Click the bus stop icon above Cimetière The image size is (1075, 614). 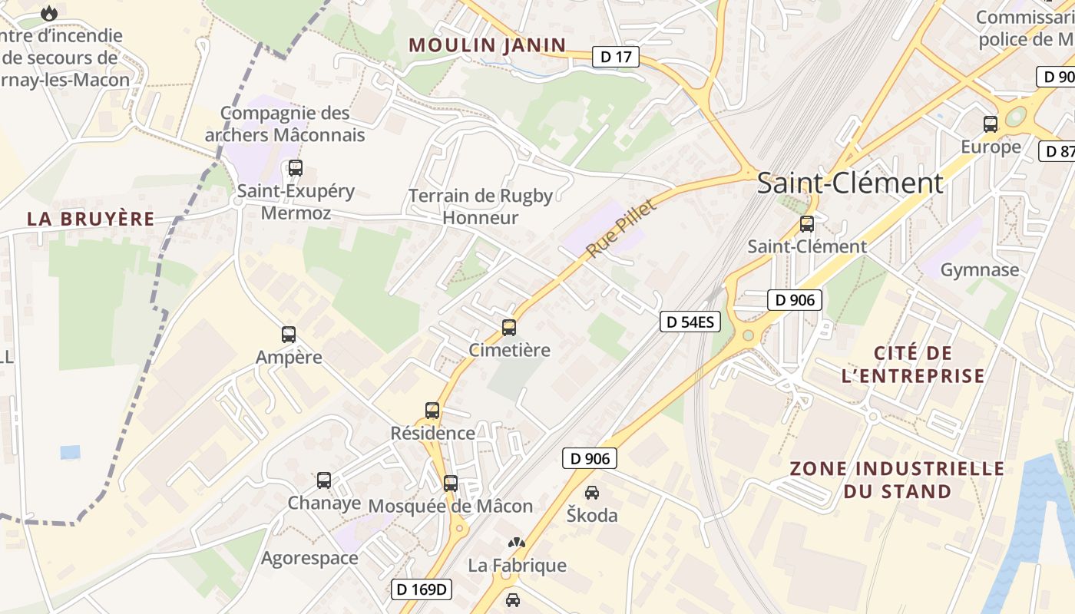508,328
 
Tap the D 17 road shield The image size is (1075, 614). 616,57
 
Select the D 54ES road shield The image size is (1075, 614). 690,322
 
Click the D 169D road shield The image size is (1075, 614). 422,589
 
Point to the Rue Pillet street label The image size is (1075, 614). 622,229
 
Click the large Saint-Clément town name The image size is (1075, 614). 850,183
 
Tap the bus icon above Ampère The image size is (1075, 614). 289,335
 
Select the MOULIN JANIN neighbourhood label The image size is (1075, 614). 488,45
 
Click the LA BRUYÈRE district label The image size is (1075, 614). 91,219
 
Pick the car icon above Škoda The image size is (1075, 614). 591,493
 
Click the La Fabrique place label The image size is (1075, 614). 518,566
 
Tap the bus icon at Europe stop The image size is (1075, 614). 991,124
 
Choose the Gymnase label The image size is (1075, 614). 980,270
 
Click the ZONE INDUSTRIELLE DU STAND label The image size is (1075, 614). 897,480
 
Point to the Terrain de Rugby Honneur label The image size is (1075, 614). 481,206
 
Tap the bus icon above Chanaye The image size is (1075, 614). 324,480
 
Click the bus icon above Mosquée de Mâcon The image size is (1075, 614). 451,484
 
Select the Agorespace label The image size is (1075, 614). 309,558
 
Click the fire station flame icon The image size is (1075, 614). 49,13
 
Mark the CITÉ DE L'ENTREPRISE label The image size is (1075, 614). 913,365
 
